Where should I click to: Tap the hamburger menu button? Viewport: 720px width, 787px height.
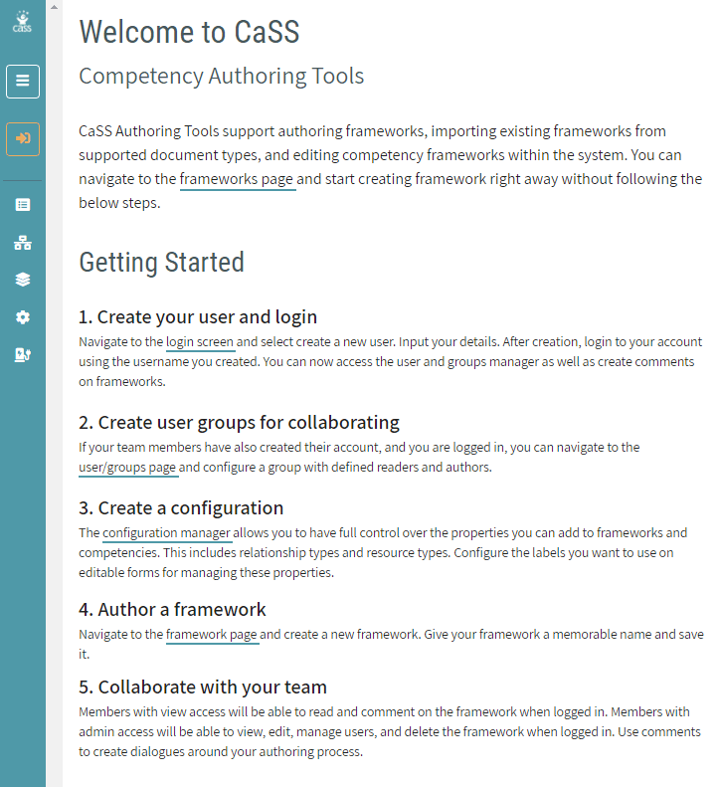[23, 82]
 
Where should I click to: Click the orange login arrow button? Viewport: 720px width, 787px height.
[23, 138]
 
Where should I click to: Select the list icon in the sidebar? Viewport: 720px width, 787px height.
[23, 205]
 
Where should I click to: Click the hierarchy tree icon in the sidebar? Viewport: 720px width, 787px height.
[23, 243]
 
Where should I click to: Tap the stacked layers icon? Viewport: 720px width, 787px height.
[23, 280]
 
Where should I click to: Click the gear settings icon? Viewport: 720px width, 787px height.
[23, 317]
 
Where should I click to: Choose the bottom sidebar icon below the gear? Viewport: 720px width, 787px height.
[23, 355]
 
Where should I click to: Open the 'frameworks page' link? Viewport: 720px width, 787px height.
[238, 180]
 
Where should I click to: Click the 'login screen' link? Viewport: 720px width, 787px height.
[200, 342]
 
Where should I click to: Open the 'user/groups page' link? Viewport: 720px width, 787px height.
[128, 467]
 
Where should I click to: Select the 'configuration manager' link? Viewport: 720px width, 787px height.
[167, 533]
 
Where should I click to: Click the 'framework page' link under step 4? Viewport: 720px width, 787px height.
[212, 634]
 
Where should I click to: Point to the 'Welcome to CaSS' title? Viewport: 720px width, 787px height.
[189, 32]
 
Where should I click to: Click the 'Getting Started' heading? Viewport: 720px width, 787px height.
[161, 263]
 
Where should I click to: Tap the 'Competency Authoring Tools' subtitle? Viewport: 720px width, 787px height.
[221, 77]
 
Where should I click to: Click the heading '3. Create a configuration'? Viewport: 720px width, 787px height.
[181, 508]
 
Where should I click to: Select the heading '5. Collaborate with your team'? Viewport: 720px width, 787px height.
[203, 688]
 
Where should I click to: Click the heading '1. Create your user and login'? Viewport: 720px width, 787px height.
[198, 317]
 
